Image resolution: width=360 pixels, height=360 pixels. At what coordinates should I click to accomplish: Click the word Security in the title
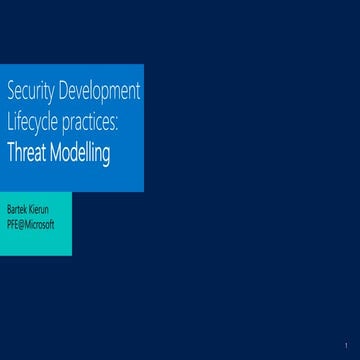pos(29,93)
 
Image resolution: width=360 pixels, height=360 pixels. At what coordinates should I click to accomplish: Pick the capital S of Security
pos(11,93)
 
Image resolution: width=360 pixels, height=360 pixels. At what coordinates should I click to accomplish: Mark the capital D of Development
pos(65,93)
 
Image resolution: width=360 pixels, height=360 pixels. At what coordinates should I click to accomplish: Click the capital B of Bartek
pos(9,211)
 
